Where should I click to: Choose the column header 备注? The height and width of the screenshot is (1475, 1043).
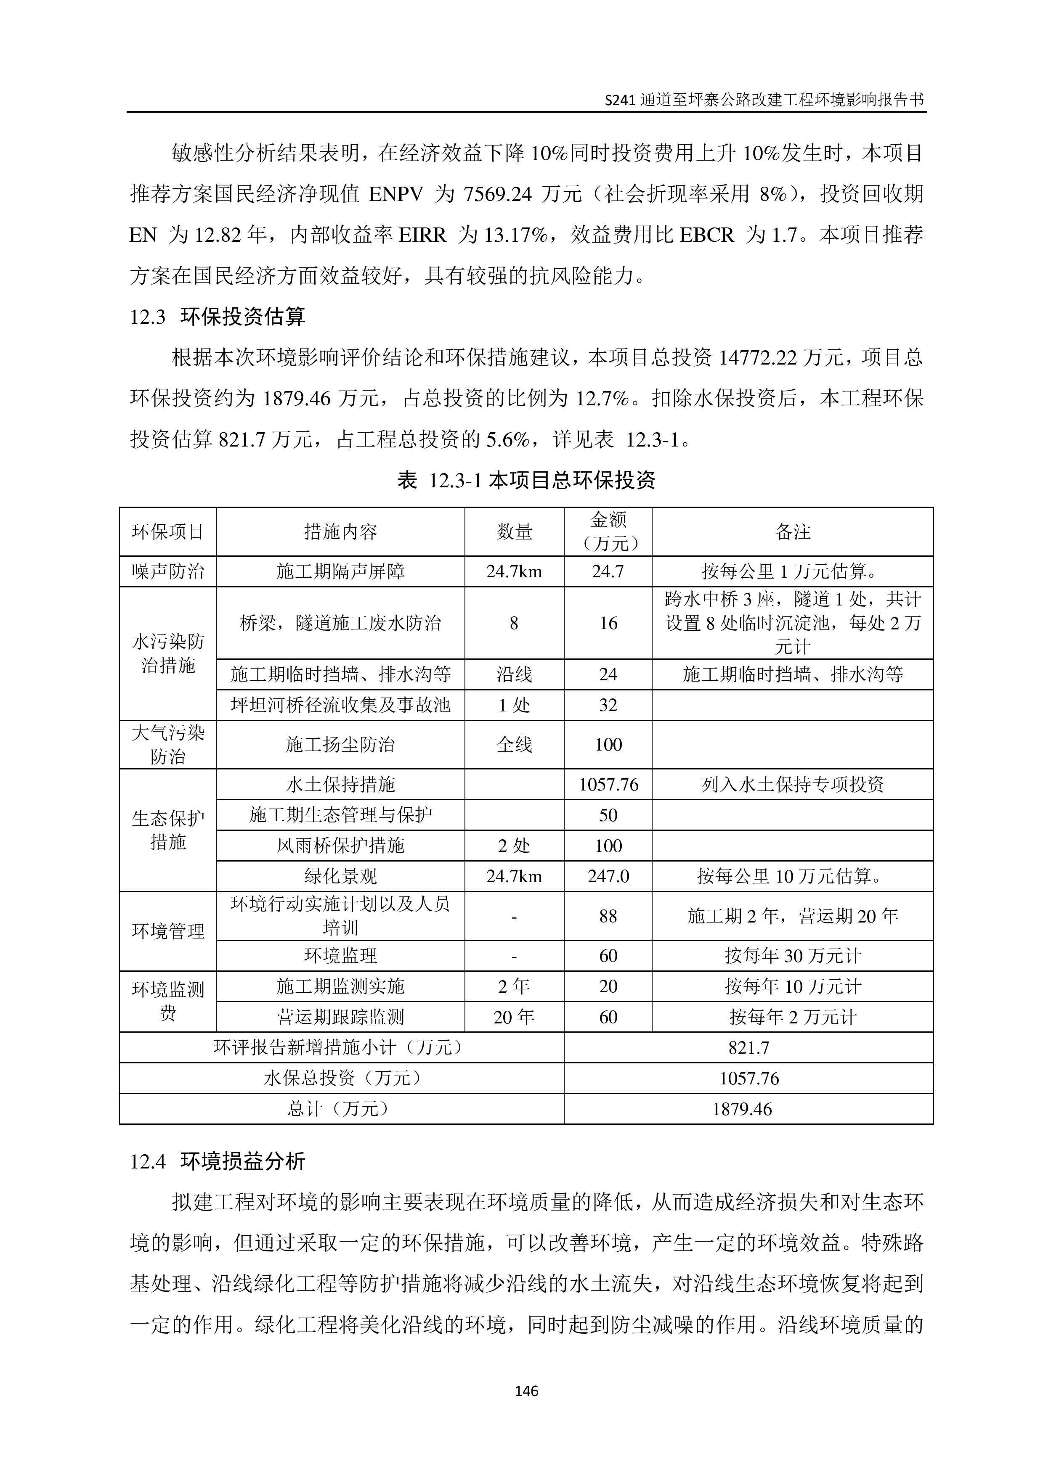click(x=792, y=531)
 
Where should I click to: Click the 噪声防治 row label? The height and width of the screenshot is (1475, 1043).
click(x=168, y=571)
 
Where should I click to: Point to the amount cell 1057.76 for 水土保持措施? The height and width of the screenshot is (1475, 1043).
click(x=608, y=785)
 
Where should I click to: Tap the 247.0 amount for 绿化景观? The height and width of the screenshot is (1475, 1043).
click(x=608, y=876)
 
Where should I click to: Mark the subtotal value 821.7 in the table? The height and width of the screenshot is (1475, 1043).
click(x=748, y=1048)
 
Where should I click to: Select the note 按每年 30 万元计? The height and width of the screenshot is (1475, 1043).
click(x=792, y=956)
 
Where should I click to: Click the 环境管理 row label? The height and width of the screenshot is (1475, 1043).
click(x=168, y=931)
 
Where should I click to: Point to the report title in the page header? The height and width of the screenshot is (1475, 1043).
click(x=765, y=100)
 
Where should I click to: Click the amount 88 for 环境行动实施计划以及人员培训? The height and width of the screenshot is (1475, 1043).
click(x=608, y=916)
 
